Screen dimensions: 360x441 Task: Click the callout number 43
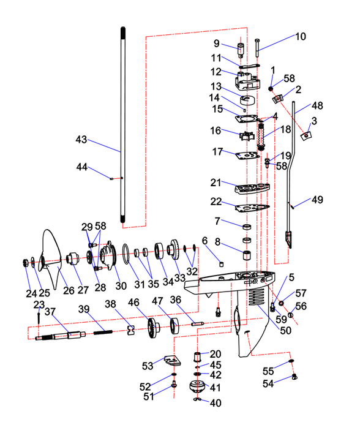pyautogui.click(x=81, y=140)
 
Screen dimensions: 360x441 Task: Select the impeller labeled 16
pyautogui.click(x=247, y=135)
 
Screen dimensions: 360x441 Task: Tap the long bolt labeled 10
pyautogui.click(x=258, y=48)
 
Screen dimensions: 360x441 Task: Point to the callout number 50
pyautogui.click(x=285, y=331)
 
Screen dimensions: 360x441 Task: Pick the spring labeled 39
pyautogui.click(x=103, y=332)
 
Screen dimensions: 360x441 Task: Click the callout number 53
pyautogui.click(x=148, y=366)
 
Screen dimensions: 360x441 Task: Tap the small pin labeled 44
pyautogui.click(x=111, y=178)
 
